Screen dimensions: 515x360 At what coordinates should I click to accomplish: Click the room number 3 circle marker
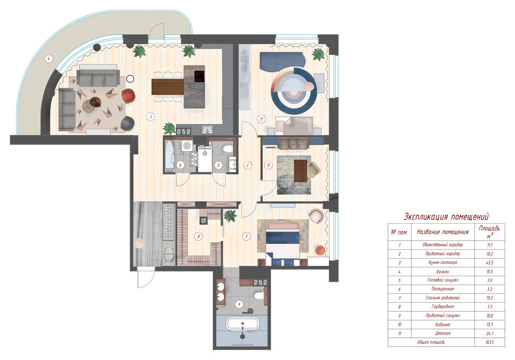pos(150,117)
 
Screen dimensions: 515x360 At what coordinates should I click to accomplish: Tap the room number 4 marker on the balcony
pos(48,59)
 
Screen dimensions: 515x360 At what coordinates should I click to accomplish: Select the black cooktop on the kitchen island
pos(199,76)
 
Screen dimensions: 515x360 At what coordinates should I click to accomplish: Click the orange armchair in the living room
pos(128,96)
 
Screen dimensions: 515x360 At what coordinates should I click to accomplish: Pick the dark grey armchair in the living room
pos(127,123)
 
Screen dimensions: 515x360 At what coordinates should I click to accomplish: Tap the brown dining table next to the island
pos(168,87)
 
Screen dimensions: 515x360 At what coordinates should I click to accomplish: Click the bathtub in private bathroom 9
pos(242,324)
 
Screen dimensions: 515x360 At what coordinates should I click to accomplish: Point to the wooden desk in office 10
pos(300,171)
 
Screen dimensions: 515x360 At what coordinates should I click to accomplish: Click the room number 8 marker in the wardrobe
pos(198,236)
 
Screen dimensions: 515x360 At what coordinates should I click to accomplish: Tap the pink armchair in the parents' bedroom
pos(316,216)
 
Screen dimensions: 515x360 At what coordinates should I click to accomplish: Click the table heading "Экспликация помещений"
pos(446,217)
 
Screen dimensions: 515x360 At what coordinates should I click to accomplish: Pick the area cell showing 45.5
pos(489,263)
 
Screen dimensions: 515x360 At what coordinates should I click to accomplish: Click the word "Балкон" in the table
pos(442,272)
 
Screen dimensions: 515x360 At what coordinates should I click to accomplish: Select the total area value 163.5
pos(490,342)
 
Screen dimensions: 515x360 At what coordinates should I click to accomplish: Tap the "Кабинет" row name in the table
pos(442,325)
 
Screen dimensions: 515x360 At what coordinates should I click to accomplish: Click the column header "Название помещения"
pos(442,232)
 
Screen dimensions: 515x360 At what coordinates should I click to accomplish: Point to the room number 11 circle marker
pos(261,119)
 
